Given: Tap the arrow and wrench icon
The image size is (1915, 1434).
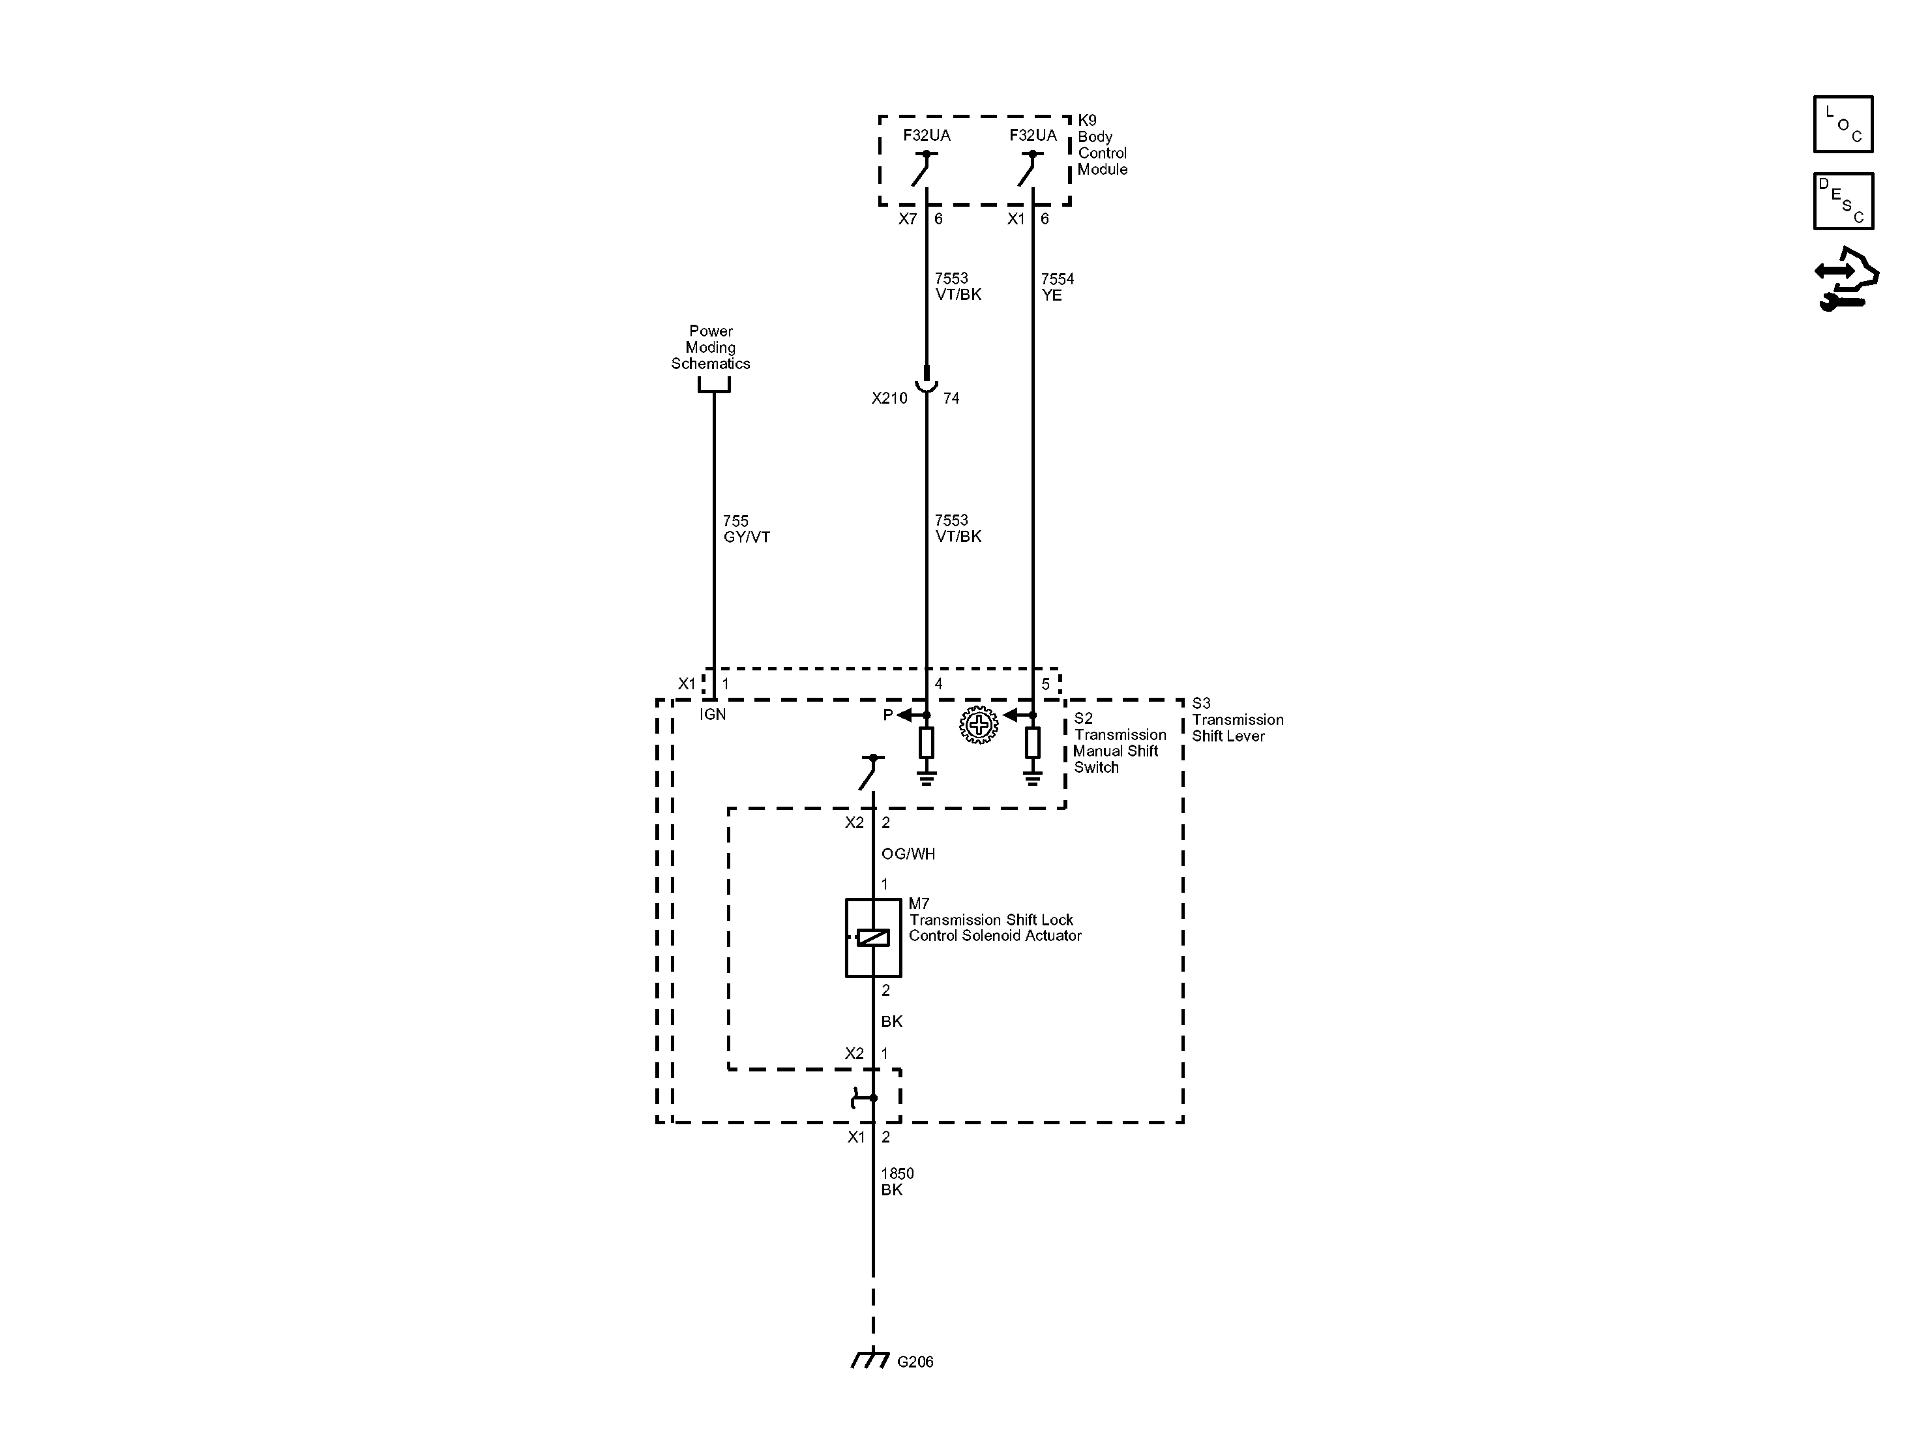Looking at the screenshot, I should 1846,280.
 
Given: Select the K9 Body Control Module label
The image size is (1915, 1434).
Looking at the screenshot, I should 1101,145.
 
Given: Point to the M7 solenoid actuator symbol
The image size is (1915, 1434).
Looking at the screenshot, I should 872,938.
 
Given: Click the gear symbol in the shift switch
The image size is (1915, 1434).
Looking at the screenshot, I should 978,724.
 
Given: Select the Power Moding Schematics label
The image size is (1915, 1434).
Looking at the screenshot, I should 710,347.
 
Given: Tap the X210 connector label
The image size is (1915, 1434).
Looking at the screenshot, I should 889,398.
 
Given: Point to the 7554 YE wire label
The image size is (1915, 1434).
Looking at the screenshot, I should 1056,287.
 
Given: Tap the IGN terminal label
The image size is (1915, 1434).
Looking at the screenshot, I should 713,715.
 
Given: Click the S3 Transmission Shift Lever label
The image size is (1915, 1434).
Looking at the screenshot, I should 1236,719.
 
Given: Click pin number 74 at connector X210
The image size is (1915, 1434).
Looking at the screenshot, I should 951,398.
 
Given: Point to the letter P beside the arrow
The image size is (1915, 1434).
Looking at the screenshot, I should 887,715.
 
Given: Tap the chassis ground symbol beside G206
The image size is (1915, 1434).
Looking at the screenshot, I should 870,1360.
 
